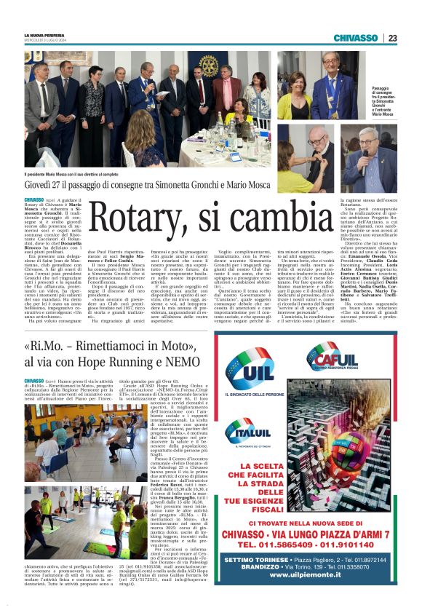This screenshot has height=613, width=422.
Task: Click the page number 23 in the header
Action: coord(391,38)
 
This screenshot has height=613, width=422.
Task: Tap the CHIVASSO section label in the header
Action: coord(355,38)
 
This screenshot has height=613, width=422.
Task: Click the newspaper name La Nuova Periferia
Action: coord(45,35)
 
